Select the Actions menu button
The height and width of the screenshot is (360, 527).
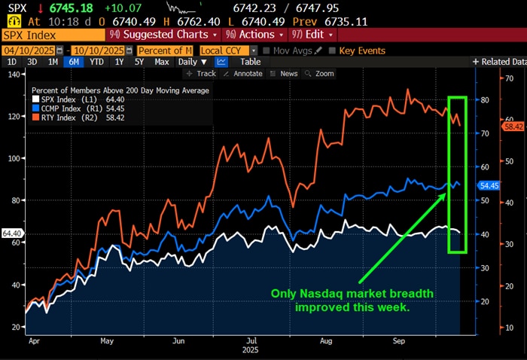[x=255, y=35]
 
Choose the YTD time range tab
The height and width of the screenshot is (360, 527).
[x=96, y=62]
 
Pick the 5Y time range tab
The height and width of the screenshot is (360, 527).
[x=139, y=62]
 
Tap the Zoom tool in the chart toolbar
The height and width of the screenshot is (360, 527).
[x=324, y=74]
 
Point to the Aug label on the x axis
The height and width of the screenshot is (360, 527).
[x=324, y=341]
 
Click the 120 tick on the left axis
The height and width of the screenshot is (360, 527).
[x=12, y=117]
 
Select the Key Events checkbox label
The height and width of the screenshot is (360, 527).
[x=362, y=50]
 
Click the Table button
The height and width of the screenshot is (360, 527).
[x=250, y=62]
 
